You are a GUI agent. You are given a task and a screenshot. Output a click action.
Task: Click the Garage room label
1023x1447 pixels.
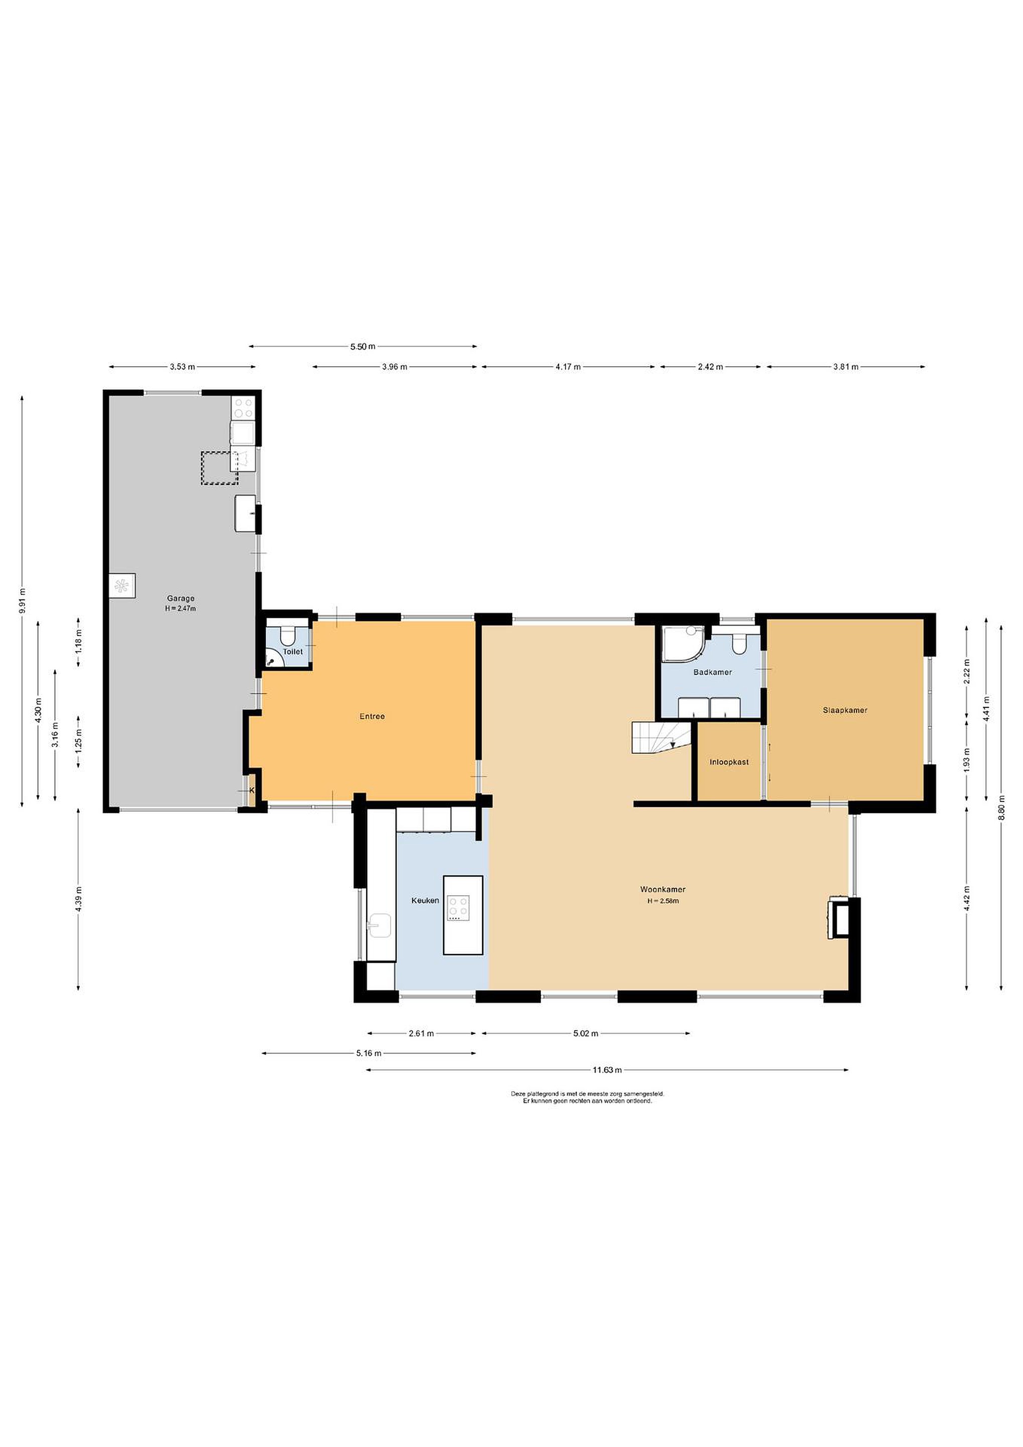(181, 598)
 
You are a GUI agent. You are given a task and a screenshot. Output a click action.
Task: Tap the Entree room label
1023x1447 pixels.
(372, 716)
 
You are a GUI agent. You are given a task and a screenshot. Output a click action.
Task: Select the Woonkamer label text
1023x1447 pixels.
(663, 889)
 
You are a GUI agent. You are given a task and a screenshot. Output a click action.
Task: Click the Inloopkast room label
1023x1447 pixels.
(729, 762)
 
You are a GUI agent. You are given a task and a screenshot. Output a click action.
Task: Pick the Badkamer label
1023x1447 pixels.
(713, 672)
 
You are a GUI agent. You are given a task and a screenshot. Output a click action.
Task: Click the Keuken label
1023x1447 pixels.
(425, 900)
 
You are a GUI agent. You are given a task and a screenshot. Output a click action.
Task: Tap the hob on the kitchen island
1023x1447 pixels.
(458, 908)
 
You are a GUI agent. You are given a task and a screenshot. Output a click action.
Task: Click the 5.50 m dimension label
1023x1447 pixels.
(362, 346)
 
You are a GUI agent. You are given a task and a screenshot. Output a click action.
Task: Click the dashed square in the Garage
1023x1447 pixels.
(219, 468)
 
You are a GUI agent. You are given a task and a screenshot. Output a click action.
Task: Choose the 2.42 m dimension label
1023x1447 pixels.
(710, 366)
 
